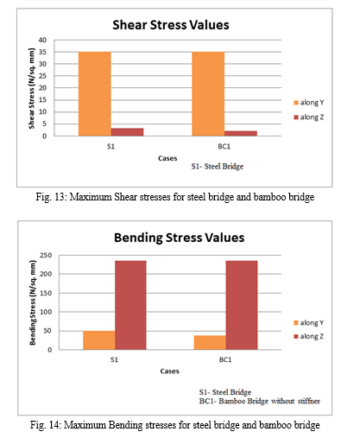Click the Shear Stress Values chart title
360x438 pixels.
click(171, 25)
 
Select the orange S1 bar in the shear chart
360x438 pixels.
click(95, 94)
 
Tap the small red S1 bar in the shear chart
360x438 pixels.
click(127, 132)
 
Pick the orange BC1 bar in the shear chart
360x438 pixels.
click(208, 94)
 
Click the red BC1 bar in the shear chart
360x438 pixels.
click(241, 133)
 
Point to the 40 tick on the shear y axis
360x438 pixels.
click(42, 40)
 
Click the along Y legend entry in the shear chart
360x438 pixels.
click(309, 103)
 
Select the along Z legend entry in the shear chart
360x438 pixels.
click(309, 117)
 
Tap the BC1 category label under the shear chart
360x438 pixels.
click(224, 147)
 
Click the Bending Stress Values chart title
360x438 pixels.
click(179, 238)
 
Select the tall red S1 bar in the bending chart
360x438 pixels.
click(130, 305)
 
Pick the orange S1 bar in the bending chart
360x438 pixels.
click(99, 340)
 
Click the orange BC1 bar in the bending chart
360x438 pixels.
click(210, 343)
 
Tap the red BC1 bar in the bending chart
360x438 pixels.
click(242, 305)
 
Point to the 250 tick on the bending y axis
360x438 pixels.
click(46, 256)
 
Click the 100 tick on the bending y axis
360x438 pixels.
click(46, 312)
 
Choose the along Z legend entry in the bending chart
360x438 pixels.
click(308, 336)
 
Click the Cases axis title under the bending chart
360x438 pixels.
click(169, 371)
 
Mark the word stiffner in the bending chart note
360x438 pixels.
click(309, 401)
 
